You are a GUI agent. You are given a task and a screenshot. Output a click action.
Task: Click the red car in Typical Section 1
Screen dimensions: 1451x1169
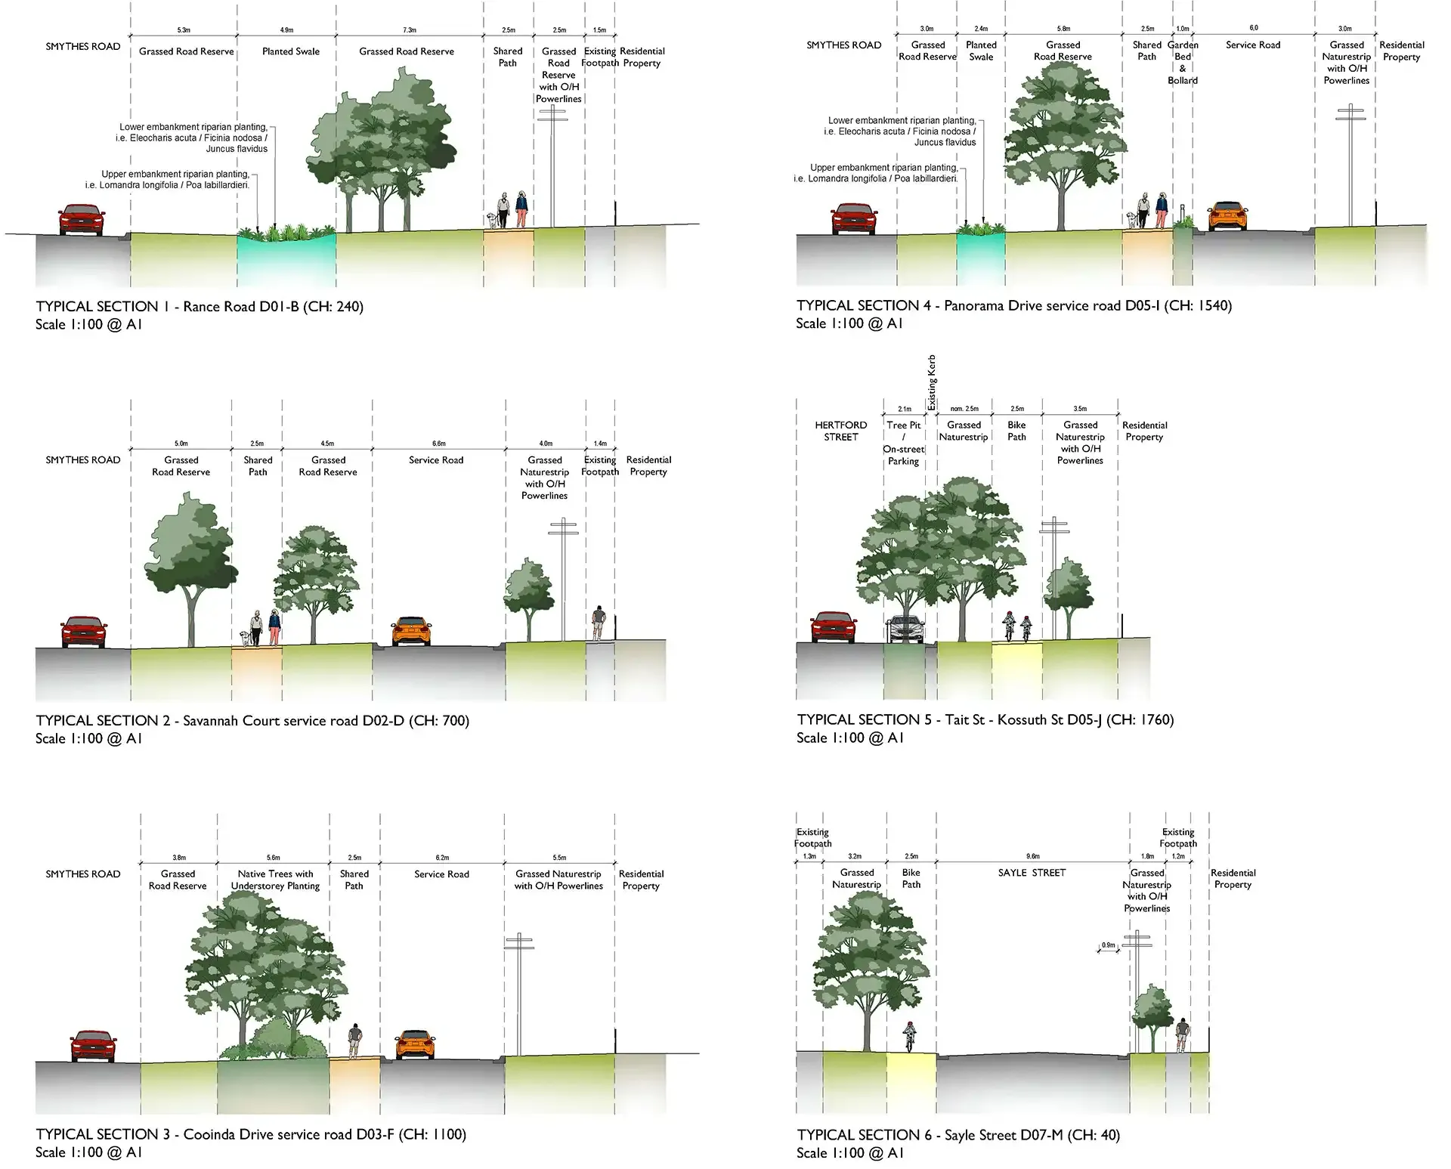coord(82,220)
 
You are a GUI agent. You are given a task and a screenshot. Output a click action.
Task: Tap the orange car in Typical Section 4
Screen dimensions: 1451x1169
coord(1227,216)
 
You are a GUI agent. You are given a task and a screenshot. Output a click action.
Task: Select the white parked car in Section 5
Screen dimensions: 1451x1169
coord(905,629)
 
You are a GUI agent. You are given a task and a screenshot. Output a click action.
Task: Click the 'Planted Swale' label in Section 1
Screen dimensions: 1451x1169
coord(291,51)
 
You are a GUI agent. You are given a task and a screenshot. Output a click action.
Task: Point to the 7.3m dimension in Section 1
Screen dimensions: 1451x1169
coord(410,30)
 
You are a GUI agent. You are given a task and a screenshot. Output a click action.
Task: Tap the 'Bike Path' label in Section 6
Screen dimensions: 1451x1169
coord(911,878)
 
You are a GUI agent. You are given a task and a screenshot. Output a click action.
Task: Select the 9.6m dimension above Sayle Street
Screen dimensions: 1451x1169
coord(1033,856)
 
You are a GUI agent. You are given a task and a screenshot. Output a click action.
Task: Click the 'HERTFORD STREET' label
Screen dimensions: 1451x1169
coord(841,431)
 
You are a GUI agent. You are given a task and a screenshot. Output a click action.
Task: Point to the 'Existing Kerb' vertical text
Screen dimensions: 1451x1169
coord(932,382)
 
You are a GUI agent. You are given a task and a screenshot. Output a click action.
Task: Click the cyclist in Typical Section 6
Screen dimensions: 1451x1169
coord(910,1037)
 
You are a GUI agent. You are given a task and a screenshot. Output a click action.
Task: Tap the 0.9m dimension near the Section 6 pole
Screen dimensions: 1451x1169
coord(1109,945)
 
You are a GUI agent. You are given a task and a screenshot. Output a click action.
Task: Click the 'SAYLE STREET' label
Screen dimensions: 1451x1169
coord(1032,873)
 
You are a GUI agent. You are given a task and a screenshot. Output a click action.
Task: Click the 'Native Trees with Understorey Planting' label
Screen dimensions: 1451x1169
coord(275,880)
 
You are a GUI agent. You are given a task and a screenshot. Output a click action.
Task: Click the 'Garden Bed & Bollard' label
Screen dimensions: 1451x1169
coord(1183,63)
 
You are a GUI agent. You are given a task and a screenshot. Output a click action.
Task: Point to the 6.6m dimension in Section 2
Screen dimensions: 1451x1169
coord(439,444)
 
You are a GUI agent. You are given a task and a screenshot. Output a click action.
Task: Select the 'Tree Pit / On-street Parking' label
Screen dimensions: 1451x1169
coord(903,443)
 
